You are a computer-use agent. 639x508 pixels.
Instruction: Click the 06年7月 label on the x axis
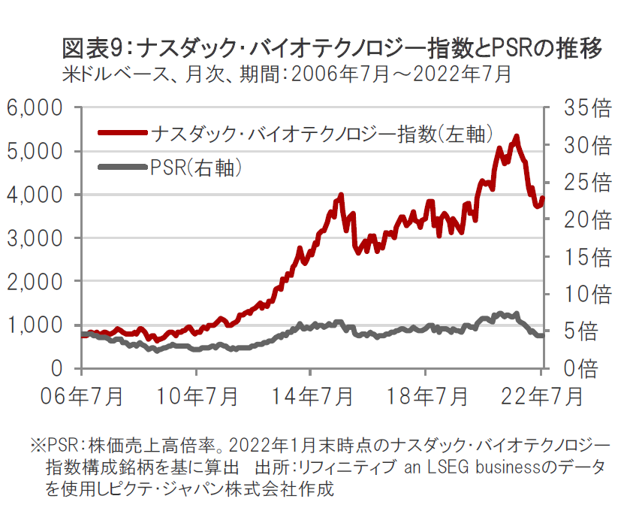(82, 395)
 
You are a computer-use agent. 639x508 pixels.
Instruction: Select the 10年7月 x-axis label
(197, 395)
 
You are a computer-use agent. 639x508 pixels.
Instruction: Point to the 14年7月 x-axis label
(311, 395)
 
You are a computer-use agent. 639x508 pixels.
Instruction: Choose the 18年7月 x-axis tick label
(426, 395)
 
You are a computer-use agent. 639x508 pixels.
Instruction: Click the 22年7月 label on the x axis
(539, 395)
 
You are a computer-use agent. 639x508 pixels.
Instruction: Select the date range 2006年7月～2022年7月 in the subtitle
(401, 74)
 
